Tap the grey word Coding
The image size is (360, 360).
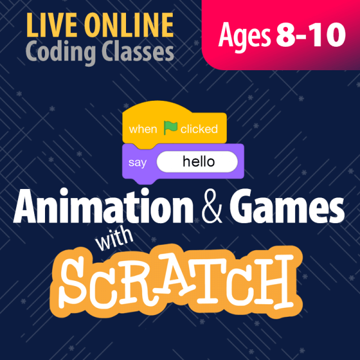click(59, 53)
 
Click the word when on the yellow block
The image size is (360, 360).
click(143, 129)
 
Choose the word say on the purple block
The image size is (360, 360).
click(137, 162)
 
